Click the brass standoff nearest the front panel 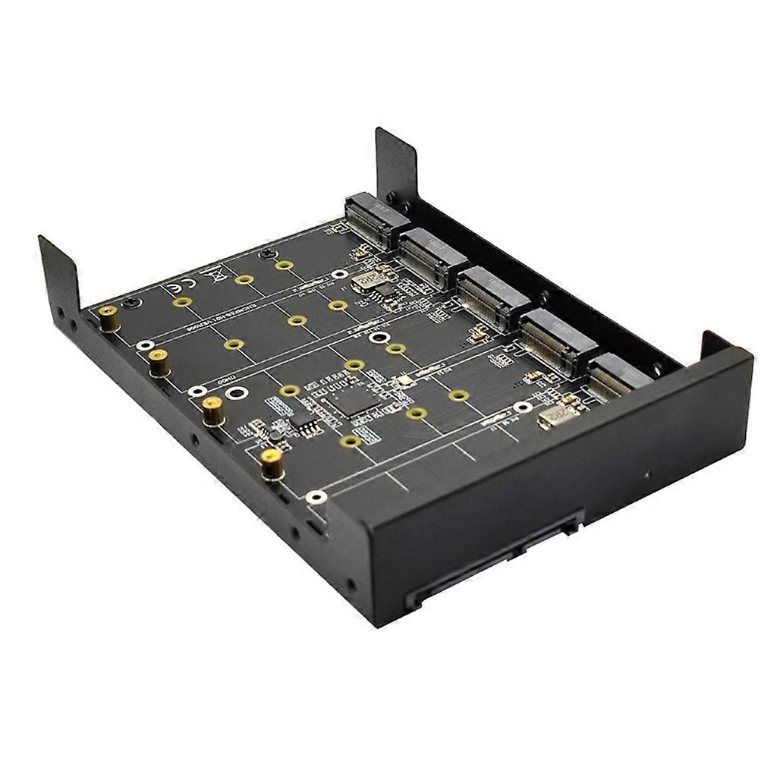point(269,464)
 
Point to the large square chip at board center point(352,402)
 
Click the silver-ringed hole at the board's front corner point(316,497)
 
